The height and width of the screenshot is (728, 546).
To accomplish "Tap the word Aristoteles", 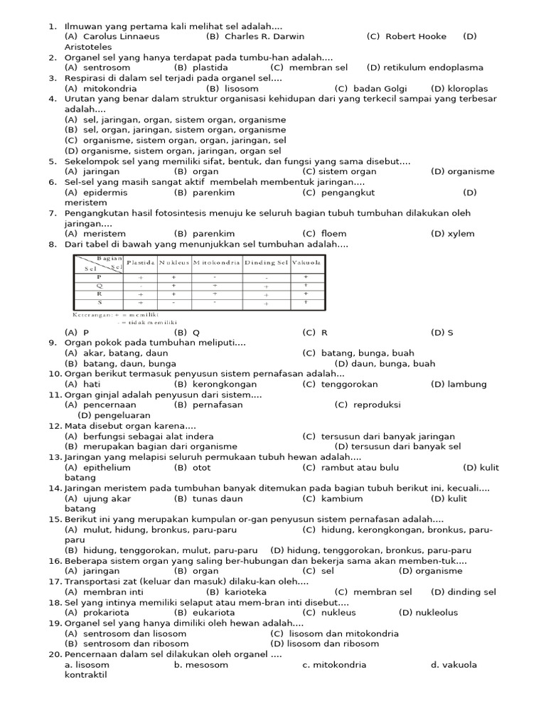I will coord(88,47).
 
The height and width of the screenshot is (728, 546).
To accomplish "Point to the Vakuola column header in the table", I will coord(306,262).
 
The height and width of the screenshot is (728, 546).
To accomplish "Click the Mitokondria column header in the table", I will coord(214,262).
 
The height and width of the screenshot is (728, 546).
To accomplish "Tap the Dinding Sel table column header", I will coord(266,262).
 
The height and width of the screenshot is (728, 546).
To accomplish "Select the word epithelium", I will coord(107,468).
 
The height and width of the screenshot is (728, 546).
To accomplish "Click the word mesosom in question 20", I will coord(209,665).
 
